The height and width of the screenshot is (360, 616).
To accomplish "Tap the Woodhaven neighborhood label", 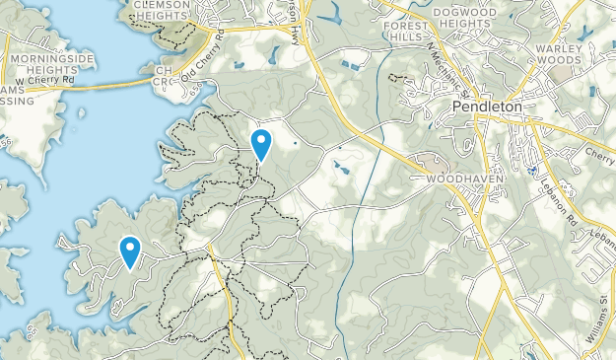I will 461,180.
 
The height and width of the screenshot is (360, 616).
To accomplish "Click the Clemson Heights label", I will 158,9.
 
